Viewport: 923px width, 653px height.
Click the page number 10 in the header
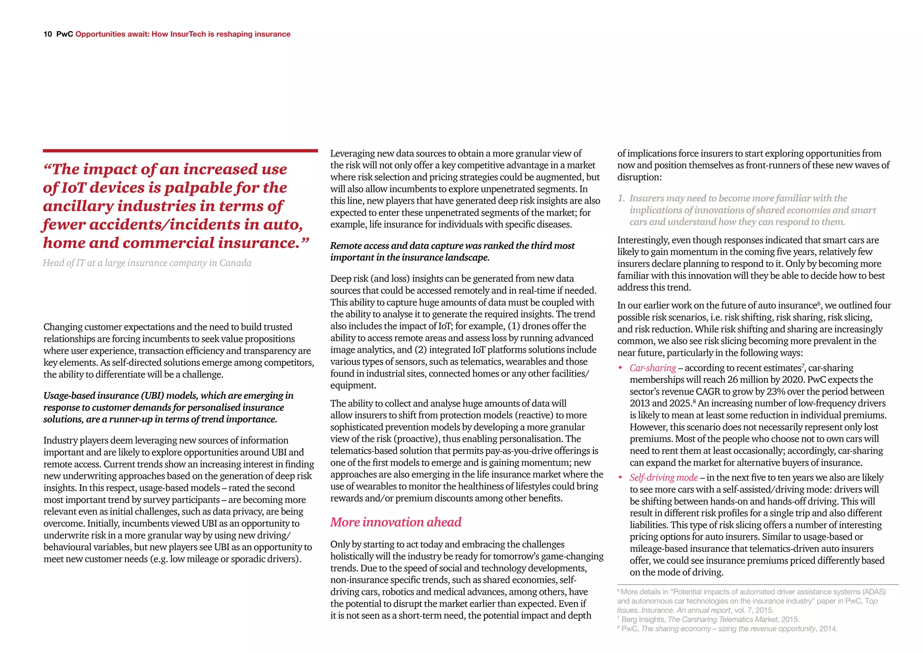pos(48,34)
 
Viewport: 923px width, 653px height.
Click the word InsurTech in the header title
pos(188,34)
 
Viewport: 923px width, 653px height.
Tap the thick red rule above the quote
pos(180,151)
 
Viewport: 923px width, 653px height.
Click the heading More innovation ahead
pos(396,522)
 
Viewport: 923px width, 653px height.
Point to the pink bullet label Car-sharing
pos(653,368)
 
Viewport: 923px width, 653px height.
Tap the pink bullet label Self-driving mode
pos(663,478)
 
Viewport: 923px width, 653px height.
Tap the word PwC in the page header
pos(64,34)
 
